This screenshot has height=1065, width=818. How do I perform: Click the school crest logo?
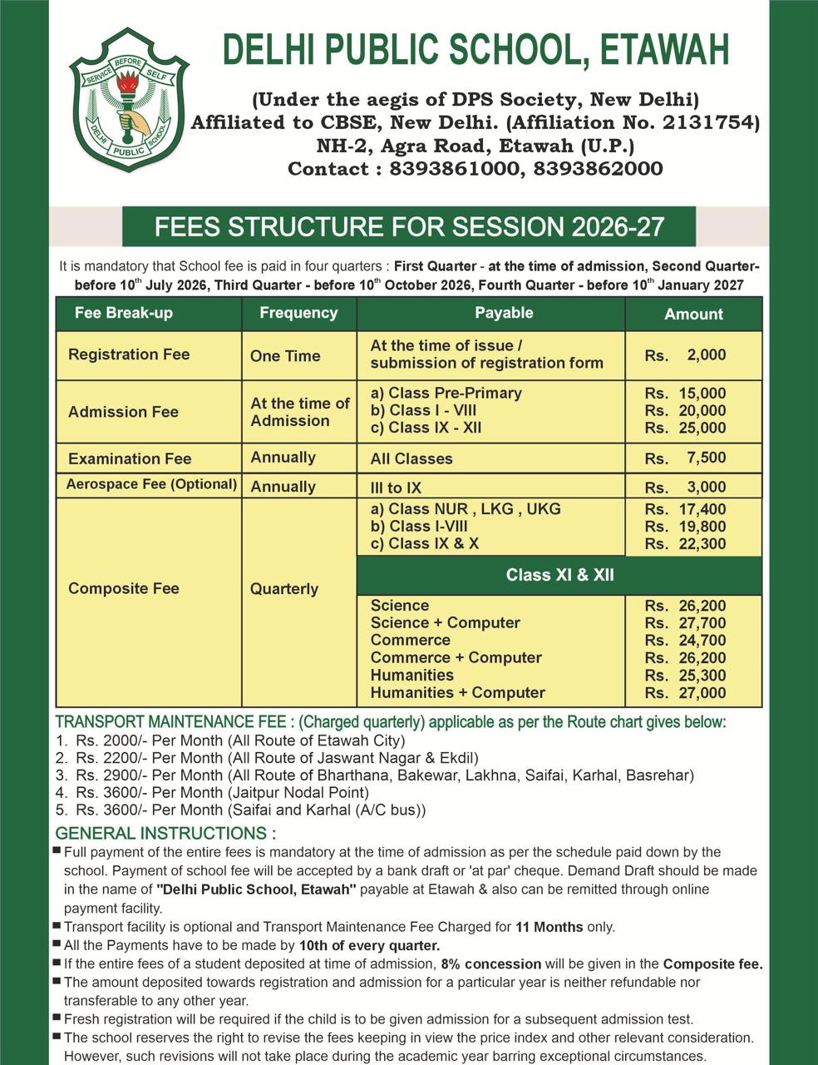point(129,100)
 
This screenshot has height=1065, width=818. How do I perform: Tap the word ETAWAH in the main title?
point(664,51)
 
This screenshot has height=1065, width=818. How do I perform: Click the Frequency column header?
point(298,313)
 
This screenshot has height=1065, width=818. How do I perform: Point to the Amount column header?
point(693,314)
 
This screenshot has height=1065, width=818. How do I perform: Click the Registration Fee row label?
point(129,354)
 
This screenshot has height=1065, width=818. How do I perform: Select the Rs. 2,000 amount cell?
point(685,354)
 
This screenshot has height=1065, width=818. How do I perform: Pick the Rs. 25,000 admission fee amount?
point(685,428)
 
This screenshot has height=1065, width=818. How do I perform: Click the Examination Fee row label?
point(130,458)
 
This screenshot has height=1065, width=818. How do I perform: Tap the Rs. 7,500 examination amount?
point(685,458)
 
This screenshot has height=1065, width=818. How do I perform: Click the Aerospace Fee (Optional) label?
point(151,484)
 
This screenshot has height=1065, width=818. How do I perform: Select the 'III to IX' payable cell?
point(396,488)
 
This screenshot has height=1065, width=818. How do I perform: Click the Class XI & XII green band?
point(559,575)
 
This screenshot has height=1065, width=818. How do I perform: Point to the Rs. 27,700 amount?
point(685,623)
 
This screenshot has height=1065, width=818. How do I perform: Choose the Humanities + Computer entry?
point(457,692)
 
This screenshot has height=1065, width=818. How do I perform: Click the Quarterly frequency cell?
point(284,589)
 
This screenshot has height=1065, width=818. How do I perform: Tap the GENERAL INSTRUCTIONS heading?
point(165,833)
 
